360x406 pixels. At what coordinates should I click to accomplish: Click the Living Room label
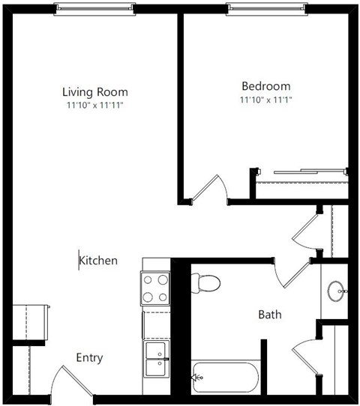94,92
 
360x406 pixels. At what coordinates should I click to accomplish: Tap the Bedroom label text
265,86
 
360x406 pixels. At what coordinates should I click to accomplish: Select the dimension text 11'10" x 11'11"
94,106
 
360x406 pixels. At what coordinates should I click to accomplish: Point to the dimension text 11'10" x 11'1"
265,99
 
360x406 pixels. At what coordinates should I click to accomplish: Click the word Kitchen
99,261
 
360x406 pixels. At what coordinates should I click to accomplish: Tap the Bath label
270,315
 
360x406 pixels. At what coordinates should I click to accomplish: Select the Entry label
89,358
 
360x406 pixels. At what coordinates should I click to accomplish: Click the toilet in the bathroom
205,283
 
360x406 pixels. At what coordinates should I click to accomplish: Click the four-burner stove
155,288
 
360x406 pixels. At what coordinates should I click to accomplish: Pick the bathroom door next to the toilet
288,273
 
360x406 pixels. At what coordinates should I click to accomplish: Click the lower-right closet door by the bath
305,360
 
